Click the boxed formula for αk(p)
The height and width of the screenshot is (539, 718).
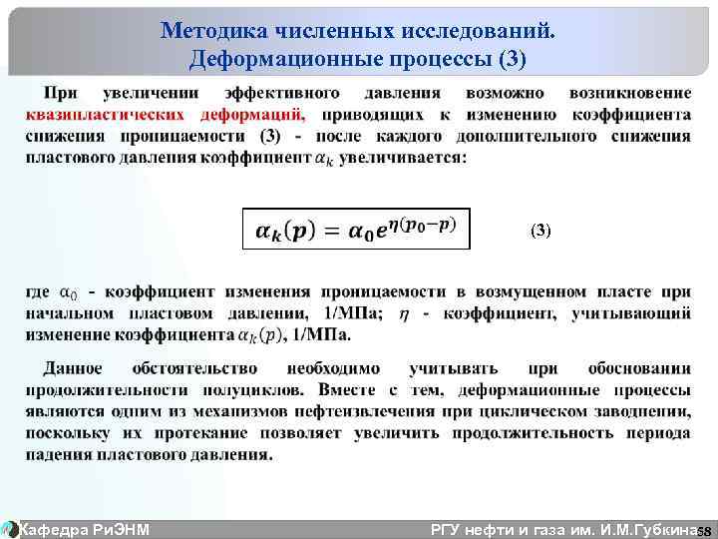[355, 229]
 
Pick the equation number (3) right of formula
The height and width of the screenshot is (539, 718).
[539, 230]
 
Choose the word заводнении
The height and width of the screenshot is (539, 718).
[638, 412]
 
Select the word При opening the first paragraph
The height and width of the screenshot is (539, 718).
[62, 93]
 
